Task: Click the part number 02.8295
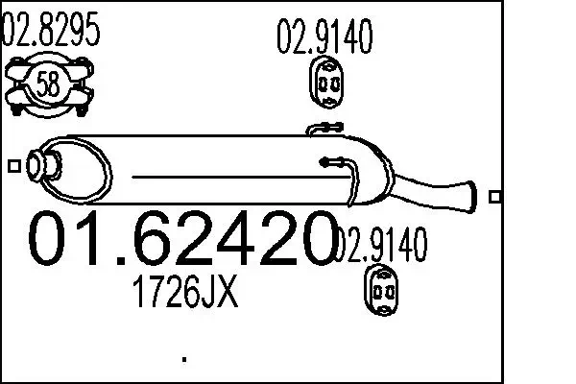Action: pos(51,29)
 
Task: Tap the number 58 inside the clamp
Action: pos(48,84)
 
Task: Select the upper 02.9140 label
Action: pos(324,36)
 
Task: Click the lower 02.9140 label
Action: pos(382,245)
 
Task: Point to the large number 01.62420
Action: pos(182,238)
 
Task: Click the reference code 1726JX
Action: pos(185,292)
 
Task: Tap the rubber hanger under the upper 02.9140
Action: pos(326,83)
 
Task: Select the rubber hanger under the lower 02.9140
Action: pos(381,290)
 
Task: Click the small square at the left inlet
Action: pos(14,166)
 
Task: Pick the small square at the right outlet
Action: pos(495,197)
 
